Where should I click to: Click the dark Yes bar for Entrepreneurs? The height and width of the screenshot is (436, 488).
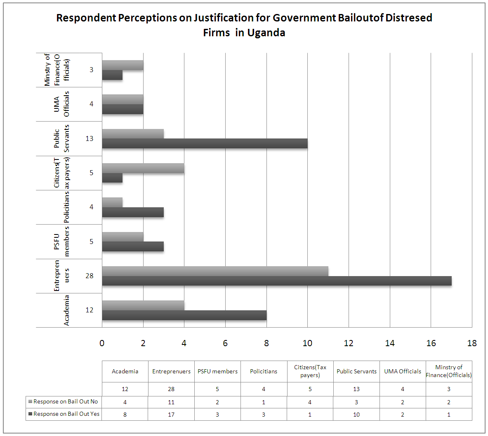point(276,281)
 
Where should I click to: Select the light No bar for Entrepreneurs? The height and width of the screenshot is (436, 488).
point(215,271)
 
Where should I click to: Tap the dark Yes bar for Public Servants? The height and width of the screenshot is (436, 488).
point(205,143)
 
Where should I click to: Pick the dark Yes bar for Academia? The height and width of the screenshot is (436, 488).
point(184,315)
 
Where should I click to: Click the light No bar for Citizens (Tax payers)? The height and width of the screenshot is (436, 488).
point(143,168)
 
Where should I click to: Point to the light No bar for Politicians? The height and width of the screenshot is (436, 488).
point(112,202)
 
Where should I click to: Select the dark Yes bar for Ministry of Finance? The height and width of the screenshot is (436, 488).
point(112,75)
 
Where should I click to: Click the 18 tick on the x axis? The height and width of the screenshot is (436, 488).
point(471,343)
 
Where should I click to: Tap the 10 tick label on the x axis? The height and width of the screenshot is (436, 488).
point(307,343)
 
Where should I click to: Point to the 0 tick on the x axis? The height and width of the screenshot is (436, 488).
point(102,343)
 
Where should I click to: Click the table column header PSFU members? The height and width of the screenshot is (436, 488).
point(217,371)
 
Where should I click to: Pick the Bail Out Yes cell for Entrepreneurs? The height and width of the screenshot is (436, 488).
point(171,415)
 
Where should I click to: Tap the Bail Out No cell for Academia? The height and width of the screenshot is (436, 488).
point(125,402)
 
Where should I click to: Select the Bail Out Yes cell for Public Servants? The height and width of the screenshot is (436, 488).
point(356,415)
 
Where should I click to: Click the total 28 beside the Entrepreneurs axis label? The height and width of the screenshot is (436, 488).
point(90,276)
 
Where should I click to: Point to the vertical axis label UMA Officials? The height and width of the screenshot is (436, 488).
point(61,104)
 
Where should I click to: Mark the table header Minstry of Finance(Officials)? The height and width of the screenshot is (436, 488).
point(449,371)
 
